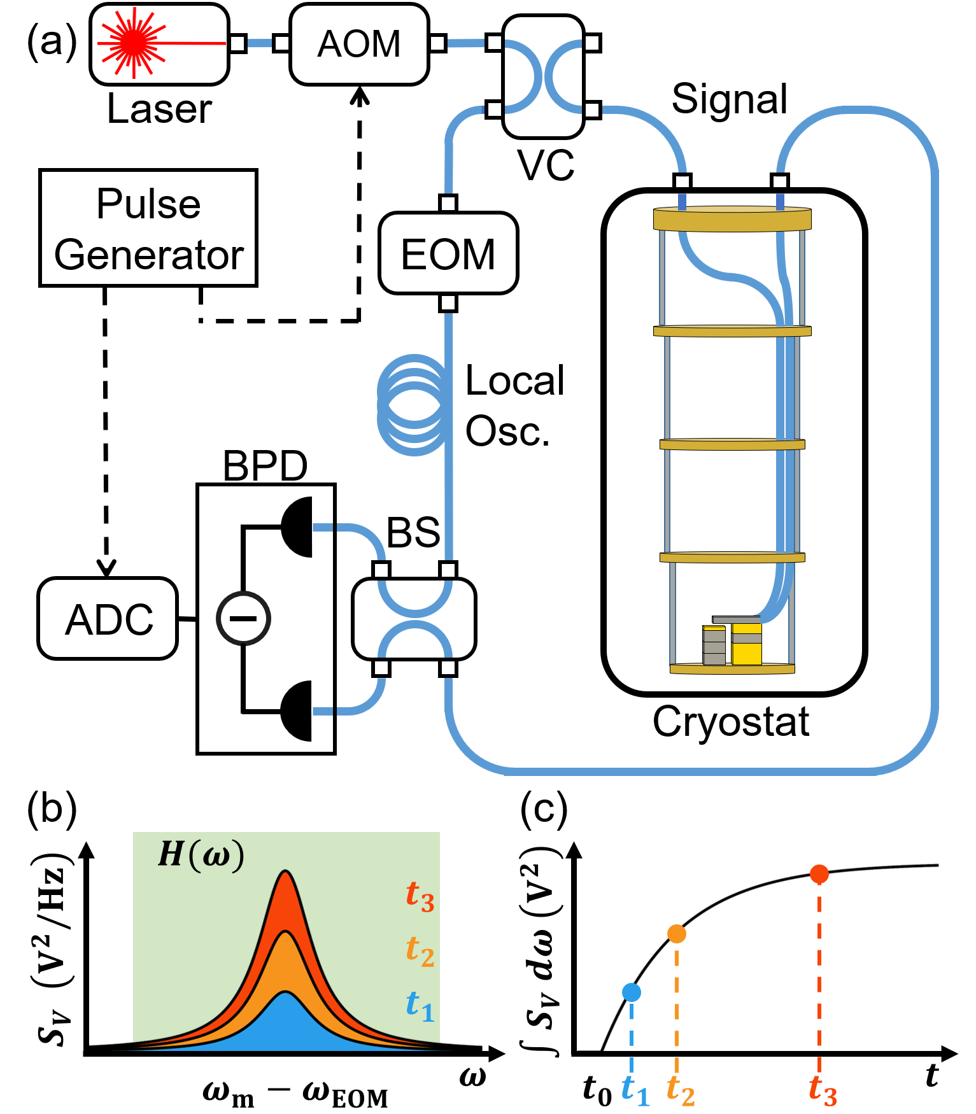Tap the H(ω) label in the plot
coord(201,854)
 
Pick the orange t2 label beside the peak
coord(420,951)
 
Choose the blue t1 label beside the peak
coord(420,1006)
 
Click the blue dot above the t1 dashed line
coord(631,992)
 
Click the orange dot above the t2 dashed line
coord(676,933)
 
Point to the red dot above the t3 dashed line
coord(819,874)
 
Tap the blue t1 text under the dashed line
coord(635,1090)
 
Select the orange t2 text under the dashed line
coord(680,1090)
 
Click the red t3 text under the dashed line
coord(823,1090)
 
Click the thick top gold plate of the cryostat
coord(732,220)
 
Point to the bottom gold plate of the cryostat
coord(732,668)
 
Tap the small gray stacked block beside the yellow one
coord(714,646)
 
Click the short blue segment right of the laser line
coord(259,43)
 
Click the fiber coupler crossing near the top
coord(542,77)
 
